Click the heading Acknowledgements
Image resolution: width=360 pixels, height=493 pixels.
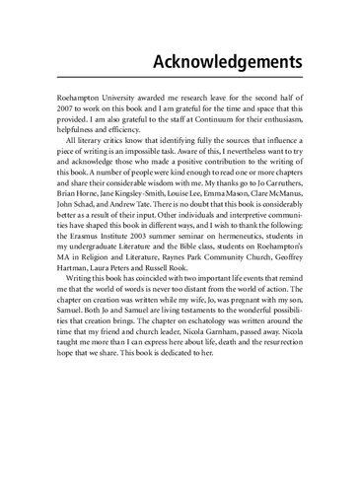point(226,61)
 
